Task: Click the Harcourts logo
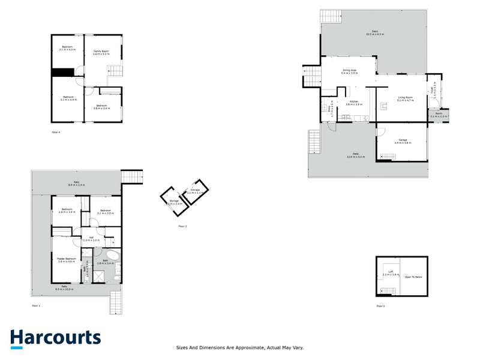[x=55, y=338]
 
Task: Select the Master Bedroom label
[x=66, y=260]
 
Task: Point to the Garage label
[x=402, y=141]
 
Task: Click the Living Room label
[x=405, y=99]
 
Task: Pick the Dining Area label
[x=350, y=71]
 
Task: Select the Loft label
[x=392, y=273]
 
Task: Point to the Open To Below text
[x=414, y=277]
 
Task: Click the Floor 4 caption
[x=56, y=131]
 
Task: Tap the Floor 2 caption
[x=183, y=226]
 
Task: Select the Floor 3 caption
[x=380, y=306]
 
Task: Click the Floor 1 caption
[x=36, y=306]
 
